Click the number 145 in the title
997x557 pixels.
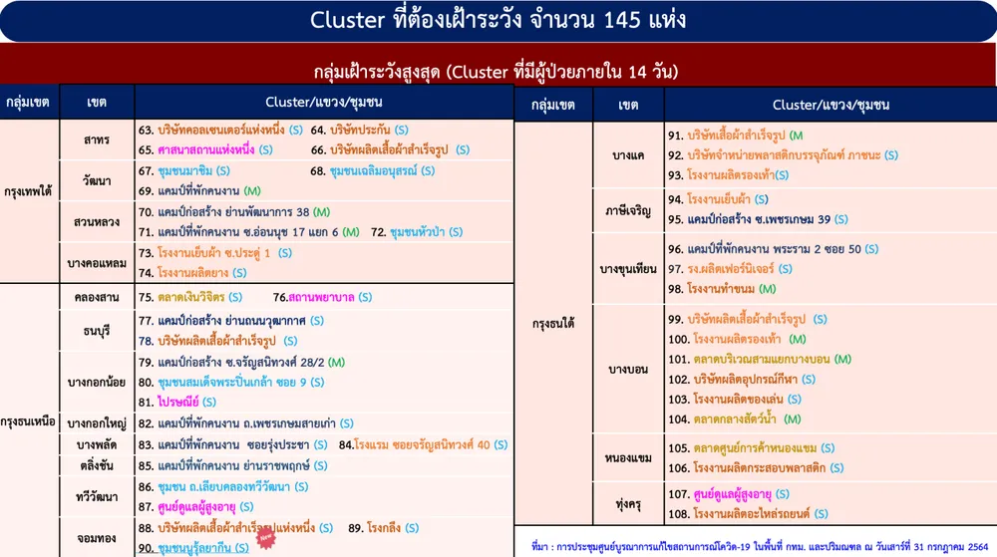tap(622, 20)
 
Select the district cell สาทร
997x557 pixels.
tap(96, 139)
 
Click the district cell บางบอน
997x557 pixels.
tap(627, 370)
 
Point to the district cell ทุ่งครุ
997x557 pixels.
tap(628, 504)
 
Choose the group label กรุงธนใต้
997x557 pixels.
tap(553, 323)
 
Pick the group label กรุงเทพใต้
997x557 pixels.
tap(27, 190)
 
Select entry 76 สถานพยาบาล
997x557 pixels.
tap(322, 297)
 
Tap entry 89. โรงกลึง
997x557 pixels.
tap(384, 528)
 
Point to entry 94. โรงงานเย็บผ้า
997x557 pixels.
tap(718, 199)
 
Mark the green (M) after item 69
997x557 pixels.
tap(252, 191)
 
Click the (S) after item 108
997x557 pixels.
tap(821, 514)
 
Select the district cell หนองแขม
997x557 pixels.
tap(628, 458)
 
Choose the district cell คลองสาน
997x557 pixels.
tap(96, 297)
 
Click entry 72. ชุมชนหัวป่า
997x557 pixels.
tap(417, 232)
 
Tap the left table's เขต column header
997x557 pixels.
tap(96, 103)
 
